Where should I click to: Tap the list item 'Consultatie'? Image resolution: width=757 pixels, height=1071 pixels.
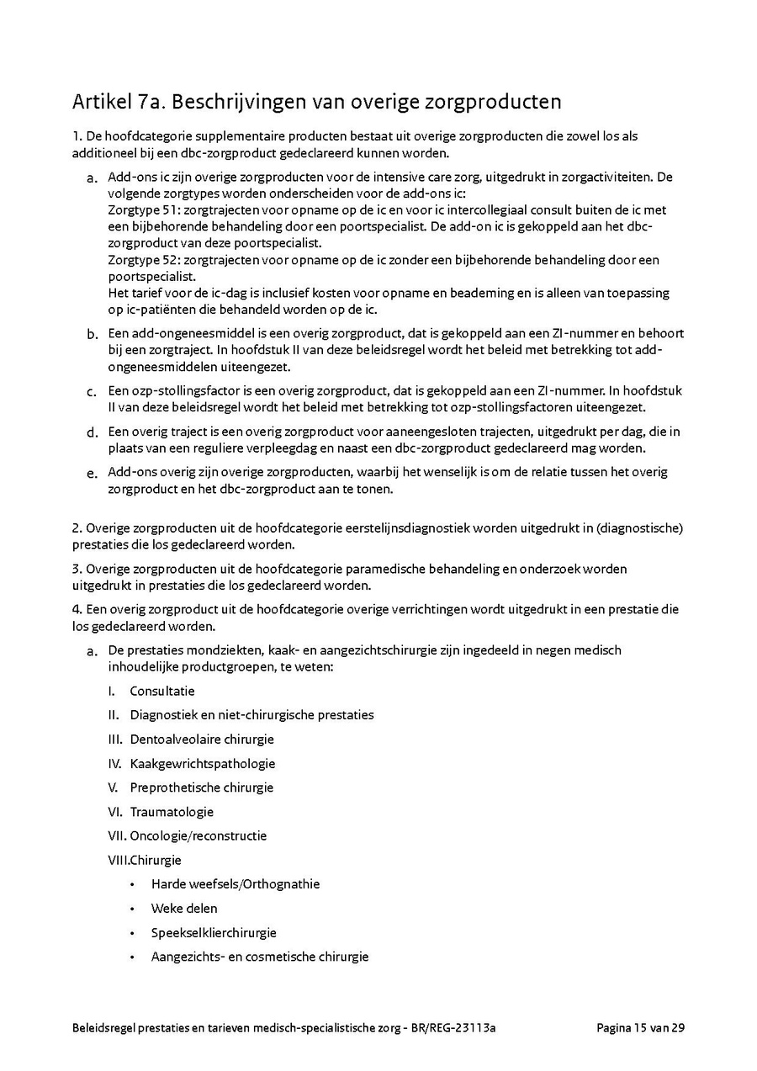[x=162, y=692]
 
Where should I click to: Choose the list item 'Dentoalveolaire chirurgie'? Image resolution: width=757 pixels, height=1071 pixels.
[x=202, y=740]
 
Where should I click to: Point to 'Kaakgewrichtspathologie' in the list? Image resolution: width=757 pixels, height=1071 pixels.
[x=203, y=764]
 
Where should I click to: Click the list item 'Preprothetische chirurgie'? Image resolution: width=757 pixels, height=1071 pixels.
[x=202, y=788]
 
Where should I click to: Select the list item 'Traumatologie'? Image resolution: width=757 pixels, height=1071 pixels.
[x=172, y=812]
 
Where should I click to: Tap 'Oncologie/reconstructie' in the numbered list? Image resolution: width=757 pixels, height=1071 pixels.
[x=199, y=836]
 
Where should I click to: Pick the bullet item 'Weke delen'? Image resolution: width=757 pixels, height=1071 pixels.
[x=184, y=909]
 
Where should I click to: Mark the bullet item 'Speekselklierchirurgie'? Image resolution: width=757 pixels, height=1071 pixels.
[x=214, y=933]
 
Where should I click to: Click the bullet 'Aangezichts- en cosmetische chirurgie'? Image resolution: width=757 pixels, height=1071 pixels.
[x=260, y=957]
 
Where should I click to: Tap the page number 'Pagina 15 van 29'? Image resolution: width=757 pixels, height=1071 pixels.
[x=640, y=1027]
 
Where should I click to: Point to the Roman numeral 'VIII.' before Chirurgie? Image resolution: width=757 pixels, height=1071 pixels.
[x=118, y=861]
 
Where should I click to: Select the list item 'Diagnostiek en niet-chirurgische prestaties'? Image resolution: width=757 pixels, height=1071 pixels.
[x=251, y=715]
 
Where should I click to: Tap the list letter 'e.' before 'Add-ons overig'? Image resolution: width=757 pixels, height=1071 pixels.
[x=92, y=474]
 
